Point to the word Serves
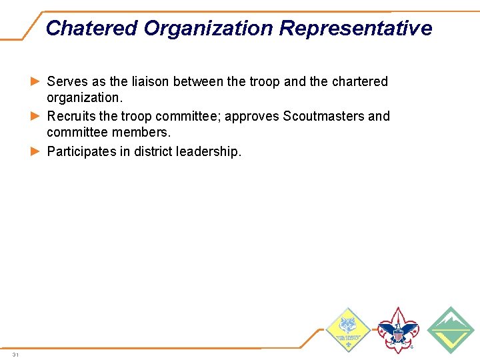click(67, 81)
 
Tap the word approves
click(252, 117)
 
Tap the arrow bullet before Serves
click(37, 81)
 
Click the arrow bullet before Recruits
click(37, 116)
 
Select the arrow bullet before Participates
click(37, 151)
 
